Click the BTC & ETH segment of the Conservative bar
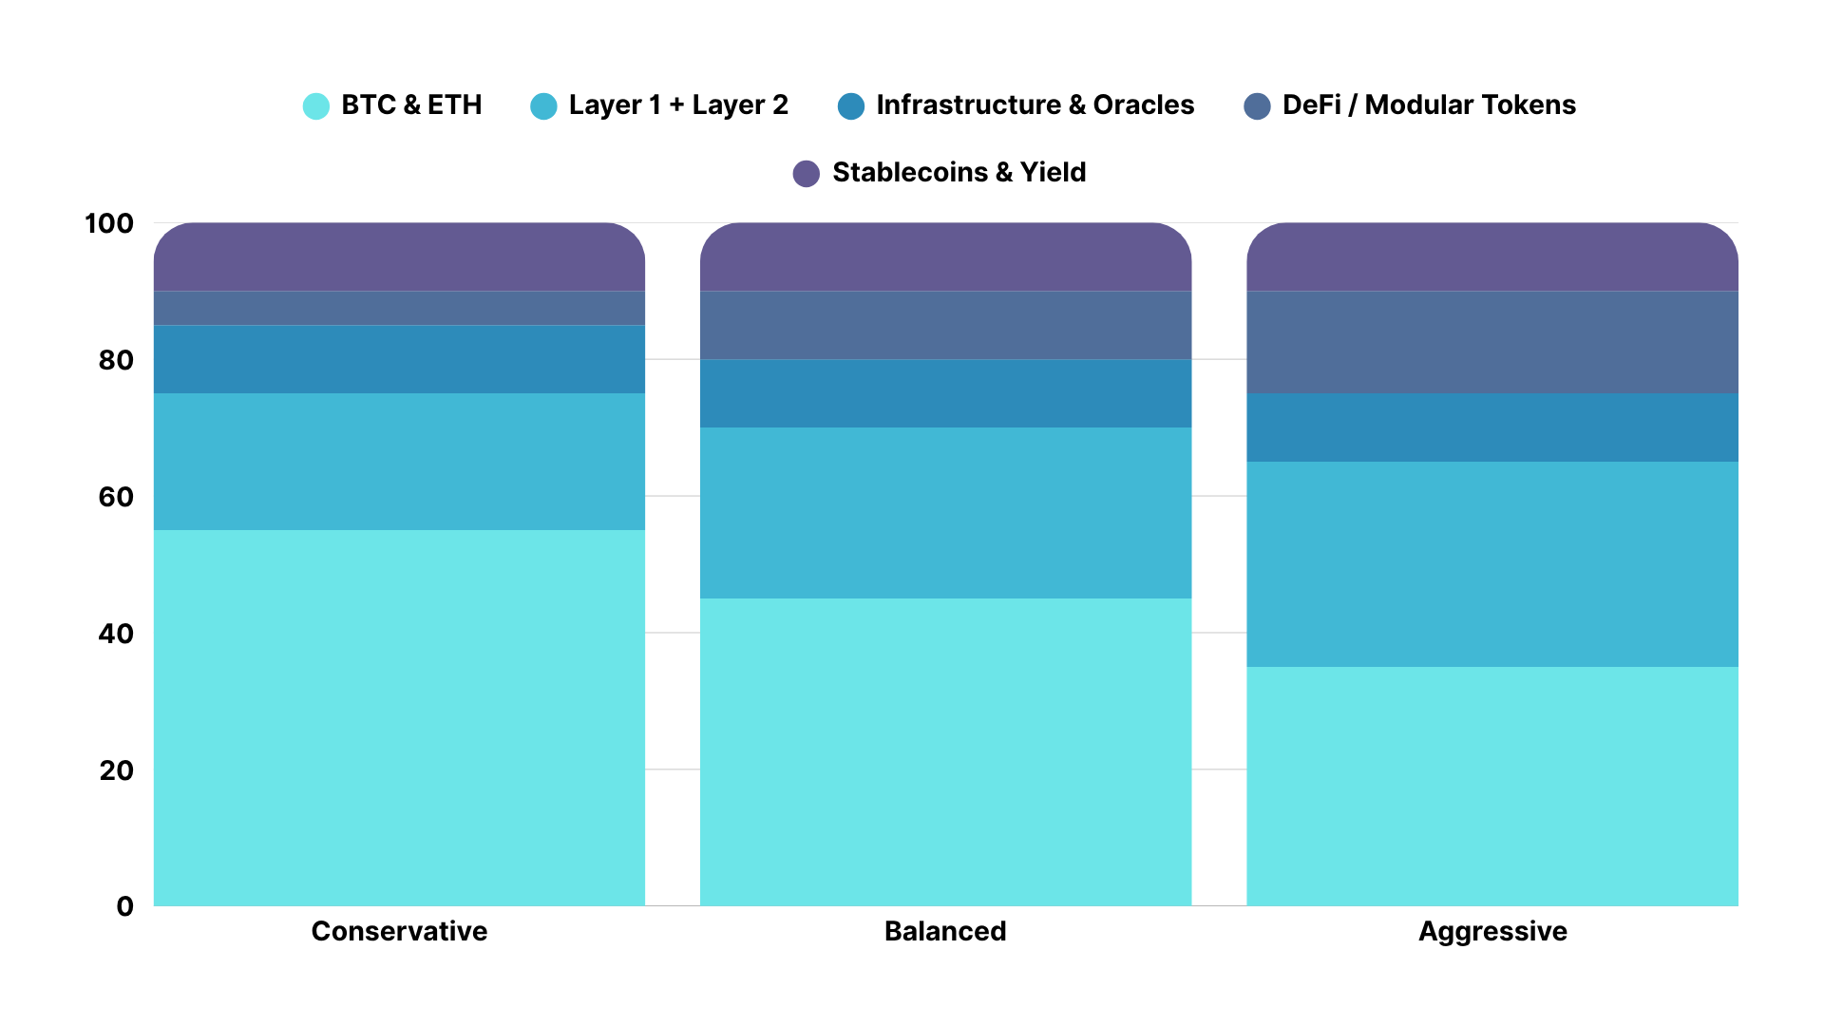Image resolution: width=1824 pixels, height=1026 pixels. (399, 717)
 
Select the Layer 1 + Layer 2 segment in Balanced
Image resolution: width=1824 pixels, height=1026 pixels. (945, 513)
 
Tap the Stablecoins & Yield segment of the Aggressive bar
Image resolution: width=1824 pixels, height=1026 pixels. (1491, 257)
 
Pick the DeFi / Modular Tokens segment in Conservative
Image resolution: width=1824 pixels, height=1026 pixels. (399, 308)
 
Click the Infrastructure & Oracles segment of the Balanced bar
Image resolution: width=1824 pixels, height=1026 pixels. (945, 393)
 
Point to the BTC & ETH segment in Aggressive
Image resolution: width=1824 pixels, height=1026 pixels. (1491, 786)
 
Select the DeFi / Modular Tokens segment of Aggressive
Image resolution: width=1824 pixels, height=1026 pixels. (1491, 342)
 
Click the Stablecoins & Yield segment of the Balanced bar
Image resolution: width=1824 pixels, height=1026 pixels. (945, 257)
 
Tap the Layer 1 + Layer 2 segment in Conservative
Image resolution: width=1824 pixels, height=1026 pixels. (399, 462)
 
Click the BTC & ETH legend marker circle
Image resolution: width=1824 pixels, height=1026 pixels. (315, 105)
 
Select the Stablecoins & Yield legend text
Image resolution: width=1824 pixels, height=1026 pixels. (959, 173)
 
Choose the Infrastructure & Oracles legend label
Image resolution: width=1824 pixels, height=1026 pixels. (1035, 105)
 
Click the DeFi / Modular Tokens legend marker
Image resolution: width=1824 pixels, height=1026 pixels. (1257, 105)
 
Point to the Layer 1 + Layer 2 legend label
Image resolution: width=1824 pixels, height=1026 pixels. (678, 105)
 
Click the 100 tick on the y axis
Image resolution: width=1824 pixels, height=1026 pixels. (109, 224)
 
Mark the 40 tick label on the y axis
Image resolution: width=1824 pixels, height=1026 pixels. (116, 634)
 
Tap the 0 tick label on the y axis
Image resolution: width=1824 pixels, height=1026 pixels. (124, 906)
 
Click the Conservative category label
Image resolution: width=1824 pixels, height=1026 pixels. (399, 931)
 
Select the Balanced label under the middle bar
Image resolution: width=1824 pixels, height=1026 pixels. (945, 931)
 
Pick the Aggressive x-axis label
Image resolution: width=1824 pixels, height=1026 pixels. (1491, 931)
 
